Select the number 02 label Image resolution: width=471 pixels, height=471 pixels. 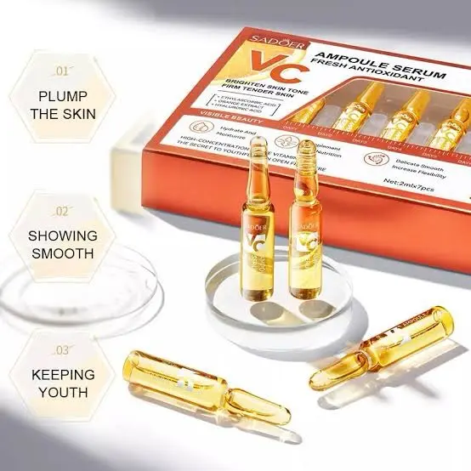[x=62, y=210]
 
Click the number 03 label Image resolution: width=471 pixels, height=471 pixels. [x=62, y=351]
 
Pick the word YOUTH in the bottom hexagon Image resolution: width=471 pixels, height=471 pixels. [x=65, y=393]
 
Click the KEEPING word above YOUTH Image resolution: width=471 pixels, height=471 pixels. [x=65, y=373]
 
